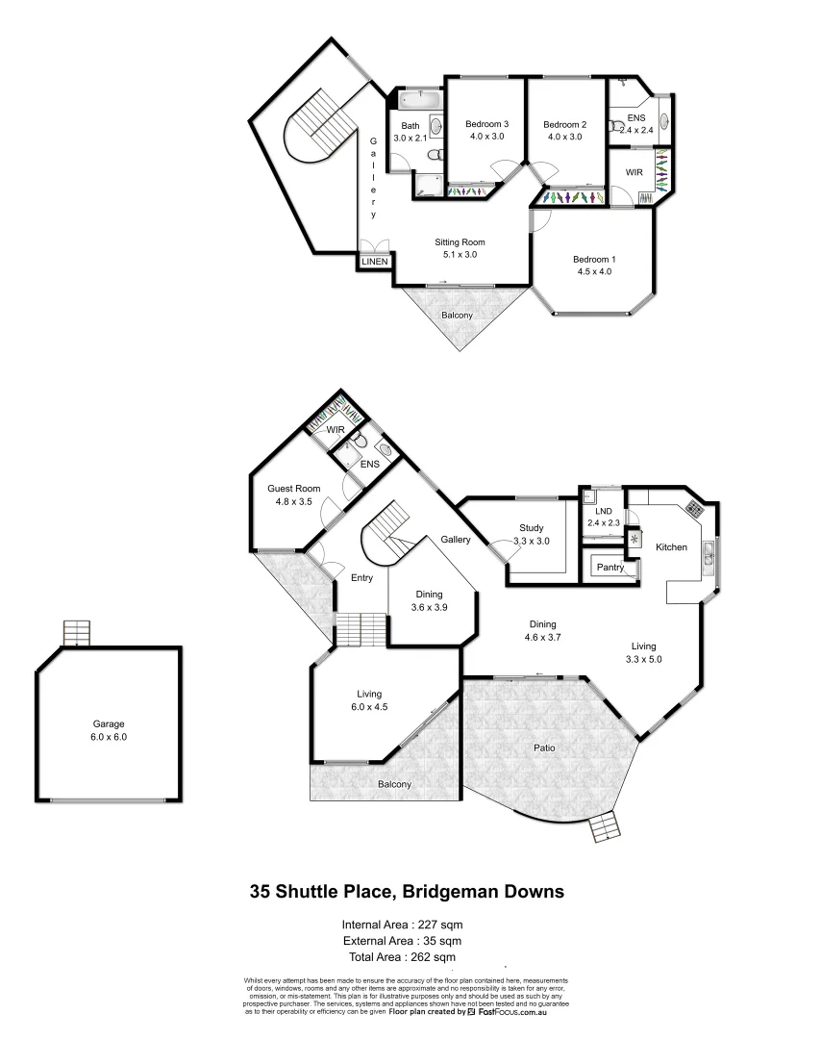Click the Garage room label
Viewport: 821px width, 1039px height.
click(x=110, y=724)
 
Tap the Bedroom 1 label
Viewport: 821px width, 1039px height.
click(x=593, y=259)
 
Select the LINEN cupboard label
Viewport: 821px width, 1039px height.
click(x=375, y=261)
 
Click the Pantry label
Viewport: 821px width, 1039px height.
click(x=610, y=568)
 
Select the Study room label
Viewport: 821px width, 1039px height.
click(x=532, y=528)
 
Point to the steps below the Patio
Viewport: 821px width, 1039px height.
click(x=604, y=826)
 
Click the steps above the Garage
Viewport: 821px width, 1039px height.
click(x=76, y=633)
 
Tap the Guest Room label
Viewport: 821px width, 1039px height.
click(x=293, y=489)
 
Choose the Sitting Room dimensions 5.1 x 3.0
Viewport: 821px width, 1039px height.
click(x=460, y=255)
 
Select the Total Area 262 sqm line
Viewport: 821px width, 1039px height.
click(x=404, y=957)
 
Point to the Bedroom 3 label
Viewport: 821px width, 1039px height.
click(x=486, y=124)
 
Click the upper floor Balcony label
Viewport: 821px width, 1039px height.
click(x=457, y=316)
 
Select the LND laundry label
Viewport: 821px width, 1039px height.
click(x=605, y=512)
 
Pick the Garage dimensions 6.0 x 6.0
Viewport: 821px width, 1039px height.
click(x=110, y=737)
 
